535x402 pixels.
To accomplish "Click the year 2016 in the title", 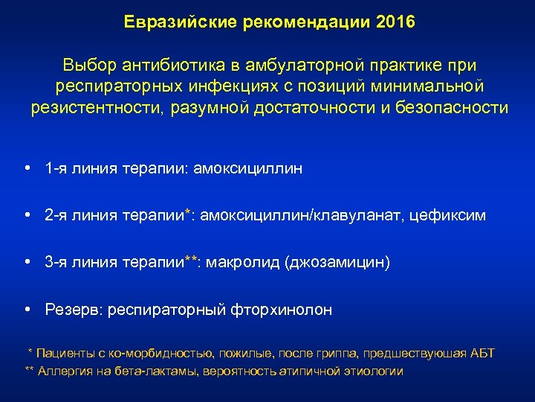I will pos(395,22).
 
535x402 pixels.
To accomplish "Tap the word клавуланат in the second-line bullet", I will pos(358,216).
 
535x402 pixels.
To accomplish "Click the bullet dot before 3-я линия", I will pos(27,263).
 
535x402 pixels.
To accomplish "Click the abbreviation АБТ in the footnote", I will pos(482,353).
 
